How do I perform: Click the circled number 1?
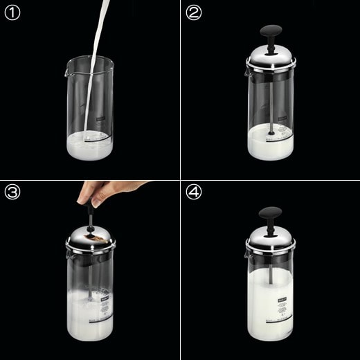click(13, 13)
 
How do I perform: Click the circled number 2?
click(194, 13)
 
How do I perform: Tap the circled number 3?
click(13, 193)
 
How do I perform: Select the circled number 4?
click(194, 193)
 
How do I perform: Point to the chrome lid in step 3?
click(91, 238)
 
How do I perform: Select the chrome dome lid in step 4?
click(271, 239)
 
